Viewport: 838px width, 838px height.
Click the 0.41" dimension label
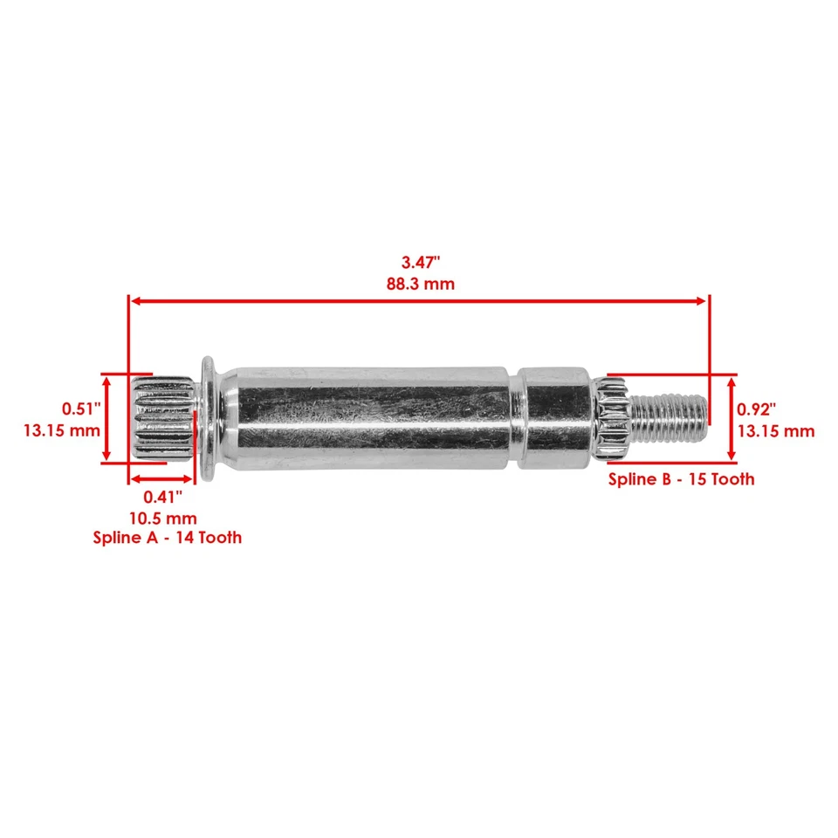click(163, 497)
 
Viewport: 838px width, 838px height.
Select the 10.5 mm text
click(163, 518)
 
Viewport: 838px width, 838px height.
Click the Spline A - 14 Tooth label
click(168, 538)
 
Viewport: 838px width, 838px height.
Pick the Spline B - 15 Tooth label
click(681, 479)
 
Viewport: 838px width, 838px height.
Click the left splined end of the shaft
click(162, 418)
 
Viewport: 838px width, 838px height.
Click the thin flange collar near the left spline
click(208, 416)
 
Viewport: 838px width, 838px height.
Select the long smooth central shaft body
click(367, 416)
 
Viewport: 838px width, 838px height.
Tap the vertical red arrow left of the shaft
click(106, 418)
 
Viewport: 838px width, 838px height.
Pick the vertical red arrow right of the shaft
click(732, 418)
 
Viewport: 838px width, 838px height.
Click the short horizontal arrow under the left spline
click(162, 478)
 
